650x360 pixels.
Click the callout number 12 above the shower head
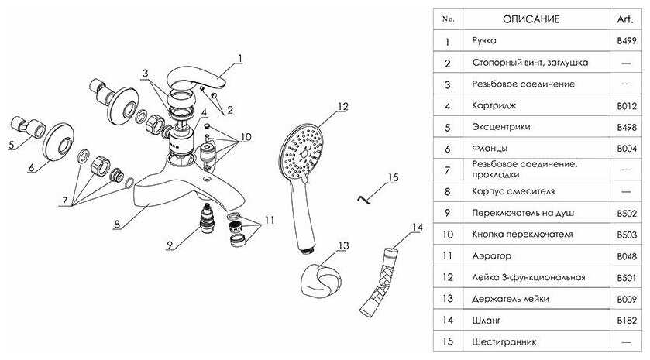[x=344, y=106]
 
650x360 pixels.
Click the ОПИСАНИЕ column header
[x=531, y=19]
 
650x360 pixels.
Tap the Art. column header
[x=626, y=19]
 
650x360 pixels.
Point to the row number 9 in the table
[x=448, y=212]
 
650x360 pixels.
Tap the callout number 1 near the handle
[x=240, y=57]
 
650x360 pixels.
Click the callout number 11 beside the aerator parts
[x=268, y=219]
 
